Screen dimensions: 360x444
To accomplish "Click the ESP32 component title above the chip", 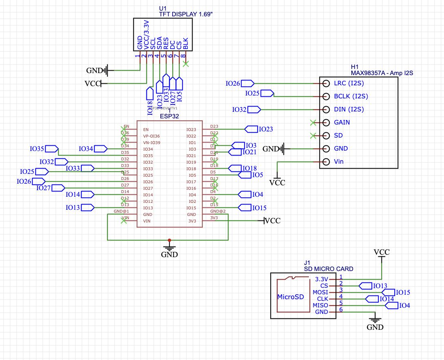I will pos(169,116).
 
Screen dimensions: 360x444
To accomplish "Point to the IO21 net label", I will pos(249,152).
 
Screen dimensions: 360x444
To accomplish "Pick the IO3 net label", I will pos(251,146).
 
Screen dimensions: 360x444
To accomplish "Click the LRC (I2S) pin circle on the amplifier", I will pos(326,83).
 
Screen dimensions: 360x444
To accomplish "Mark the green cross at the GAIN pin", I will pos(313,122).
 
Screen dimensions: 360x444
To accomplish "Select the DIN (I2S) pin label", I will pos(349,109).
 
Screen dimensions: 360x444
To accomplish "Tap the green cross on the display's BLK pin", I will pos(186,64).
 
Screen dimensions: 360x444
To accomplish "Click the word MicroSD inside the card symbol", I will pos(291,297).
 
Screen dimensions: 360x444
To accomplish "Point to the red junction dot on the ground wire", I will pos(169,240).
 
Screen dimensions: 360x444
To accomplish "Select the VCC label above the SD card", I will pos(382,252).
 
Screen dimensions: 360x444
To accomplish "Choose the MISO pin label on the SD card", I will pos(320,305).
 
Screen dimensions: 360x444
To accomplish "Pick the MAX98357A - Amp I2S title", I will pos(382,73).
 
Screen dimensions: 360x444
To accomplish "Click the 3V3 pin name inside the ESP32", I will pos(192,221).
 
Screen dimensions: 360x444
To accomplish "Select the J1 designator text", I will pos(307,263).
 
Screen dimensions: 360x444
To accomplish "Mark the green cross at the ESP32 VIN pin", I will pos(124,221).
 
